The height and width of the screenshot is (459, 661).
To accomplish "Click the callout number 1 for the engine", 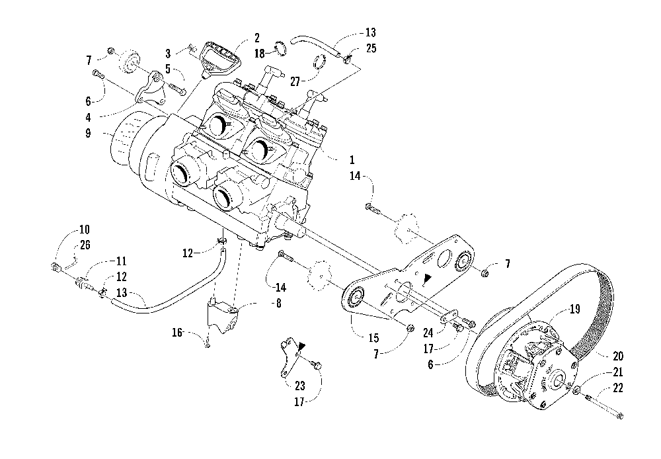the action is (x=352, y=160).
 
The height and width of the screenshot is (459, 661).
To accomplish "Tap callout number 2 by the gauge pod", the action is (x=256, y=38).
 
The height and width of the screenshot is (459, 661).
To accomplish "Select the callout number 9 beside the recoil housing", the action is (x=88, y=134).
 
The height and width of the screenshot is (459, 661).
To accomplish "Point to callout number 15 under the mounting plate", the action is (x=373, y=338).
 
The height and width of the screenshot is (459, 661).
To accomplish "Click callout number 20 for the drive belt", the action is (x=618, y=356).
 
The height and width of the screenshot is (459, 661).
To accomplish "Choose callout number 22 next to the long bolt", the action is (x=617, y=388).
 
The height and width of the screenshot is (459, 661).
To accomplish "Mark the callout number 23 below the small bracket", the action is (x=299, y=386).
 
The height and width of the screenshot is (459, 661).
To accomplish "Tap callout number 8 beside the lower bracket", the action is (x=278, y=304).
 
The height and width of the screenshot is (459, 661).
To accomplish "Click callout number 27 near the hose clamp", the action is (x=295, y=81).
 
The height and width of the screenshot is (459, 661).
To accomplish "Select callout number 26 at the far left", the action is (x=85, y=245).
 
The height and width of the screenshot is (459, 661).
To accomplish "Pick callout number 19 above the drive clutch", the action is (x=575, y=310).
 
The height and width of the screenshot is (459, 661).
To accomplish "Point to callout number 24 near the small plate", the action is (x=428, y=333).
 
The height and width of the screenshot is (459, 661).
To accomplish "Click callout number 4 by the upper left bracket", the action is (x=88, y=118).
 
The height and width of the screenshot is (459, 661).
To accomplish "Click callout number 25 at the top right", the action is (x=371, y=48).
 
